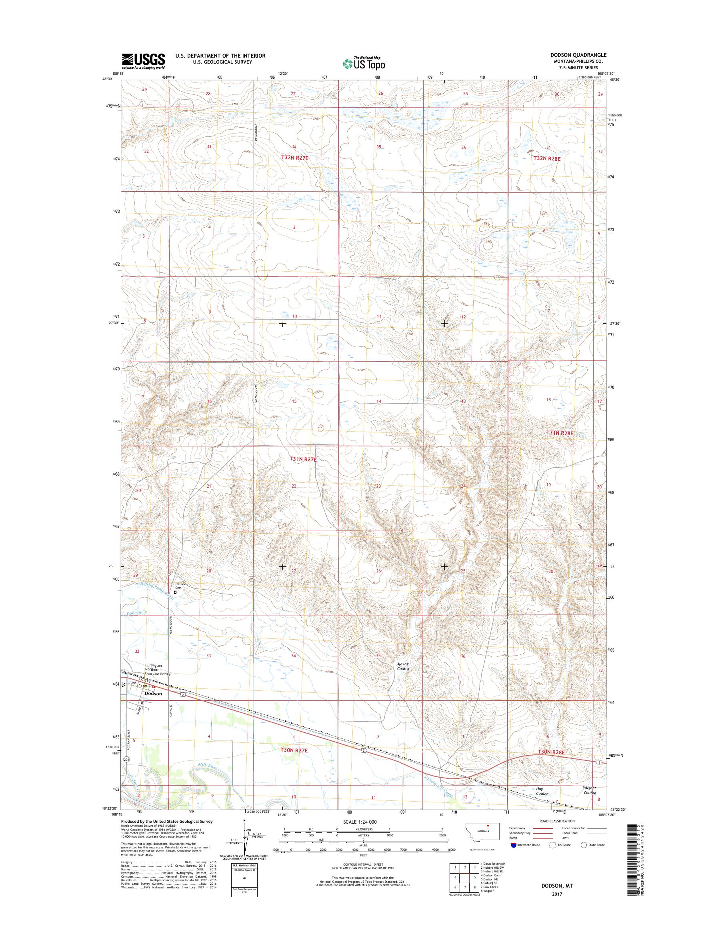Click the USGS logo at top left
click(x=143, y=61)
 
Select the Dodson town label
click(x=153, y=694)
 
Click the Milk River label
click(x=208, y=767)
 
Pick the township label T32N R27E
click(x=294, y=158)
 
